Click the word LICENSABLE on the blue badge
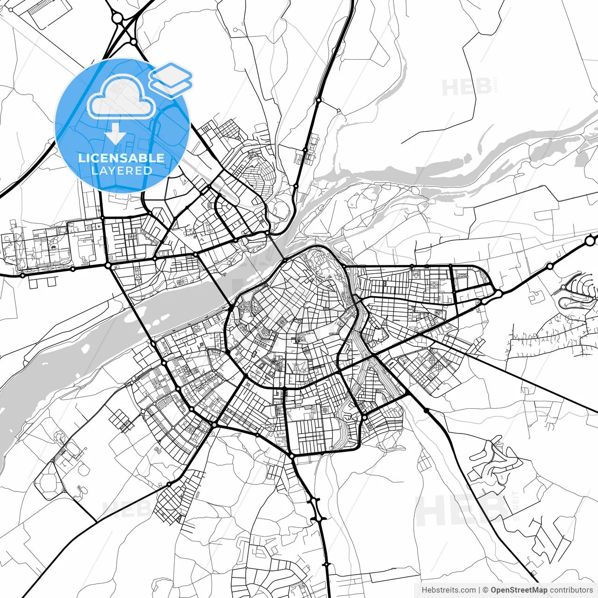click(x=121, y=158)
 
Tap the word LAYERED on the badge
click(x=121, y=171)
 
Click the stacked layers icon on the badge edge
click(x=171, y=79)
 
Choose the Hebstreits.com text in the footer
click(x=448, y=590)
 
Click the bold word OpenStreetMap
click(x=519, y=590)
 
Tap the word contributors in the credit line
click(x=571, y=590)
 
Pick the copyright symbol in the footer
click(x=485, y=590)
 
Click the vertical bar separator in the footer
click(x=479, y=590)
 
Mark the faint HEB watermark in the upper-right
click(x=466, y=87)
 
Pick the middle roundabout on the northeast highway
click(x=549, y=266)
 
